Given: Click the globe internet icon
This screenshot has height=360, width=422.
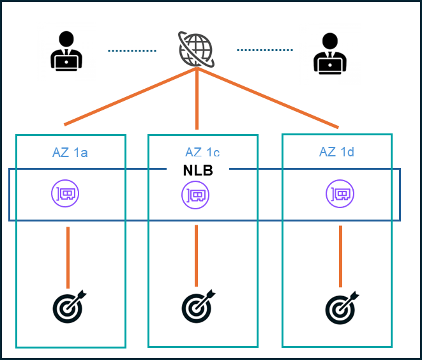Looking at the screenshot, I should coord(196,49).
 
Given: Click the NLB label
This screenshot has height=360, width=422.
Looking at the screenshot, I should coord(197,170).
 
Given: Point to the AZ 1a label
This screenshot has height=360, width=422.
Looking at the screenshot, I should coord(70,153).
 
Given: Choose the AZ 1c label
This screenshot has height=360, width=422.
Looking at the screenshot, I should coord(202,153).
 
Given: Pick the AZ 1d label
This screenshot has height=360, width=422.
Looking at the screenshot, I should coord(336,152).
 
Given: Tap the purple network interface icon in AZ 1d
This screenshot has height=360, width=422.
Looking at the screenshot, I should coord(339,193).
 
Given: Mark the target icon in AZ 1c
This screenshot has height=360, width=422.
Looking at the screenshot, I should coord(198,307).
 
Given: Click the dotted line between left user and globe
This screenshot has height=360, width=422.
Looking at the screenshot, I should coord(132,50).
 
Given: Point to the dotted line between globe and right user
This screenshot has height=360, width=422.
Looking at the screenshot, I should coord(264,50).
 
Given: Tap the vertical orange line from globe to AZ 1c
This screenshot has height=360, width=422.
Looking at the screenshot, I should coord(197,99).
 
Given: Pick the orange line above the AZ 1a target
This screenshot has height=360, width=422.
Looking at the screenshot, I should coord(68,258).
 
